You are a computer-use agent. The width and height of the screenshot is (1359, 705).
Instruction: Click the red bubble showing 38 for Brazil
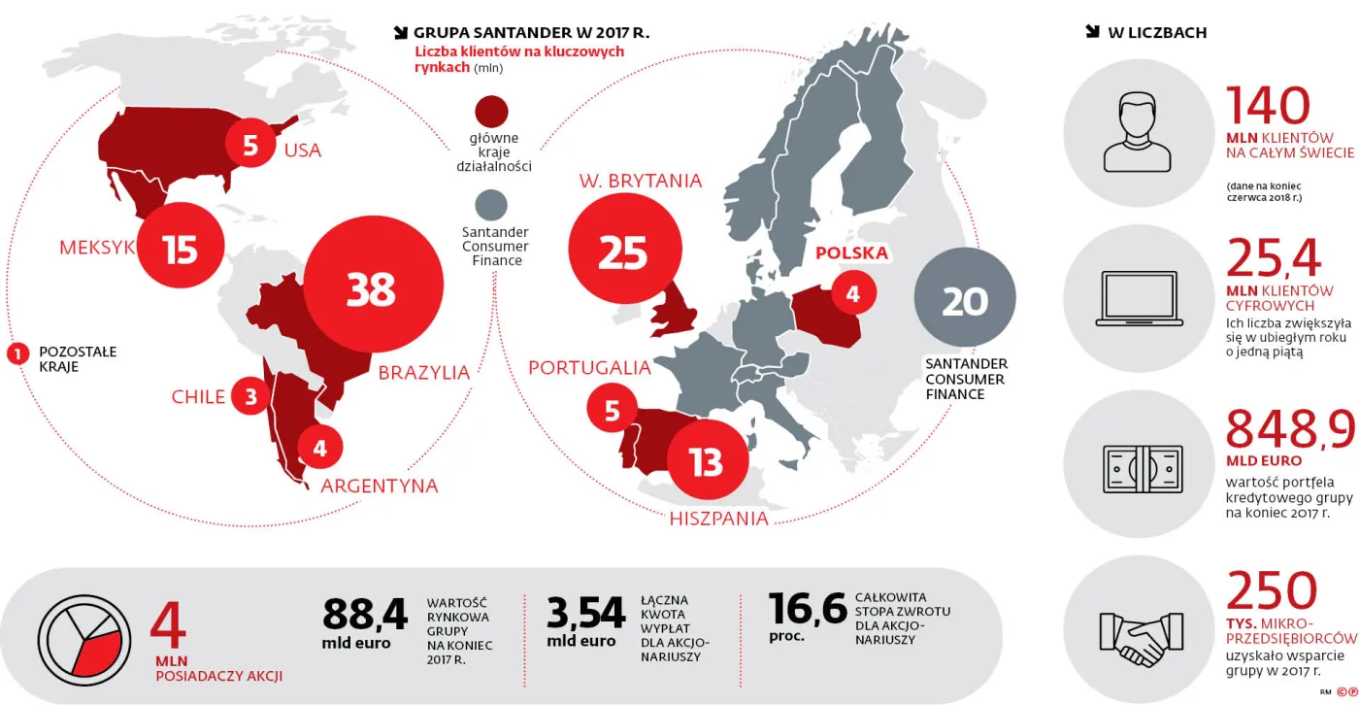370,288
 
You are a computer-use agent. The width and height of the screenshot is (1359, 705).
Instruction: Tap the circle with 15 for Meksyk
181,249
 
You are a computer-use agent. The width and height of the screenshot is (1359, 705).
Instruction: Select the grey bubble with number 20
964,300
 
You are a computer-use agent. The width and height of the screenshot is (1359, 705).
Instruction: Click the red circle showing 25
622,252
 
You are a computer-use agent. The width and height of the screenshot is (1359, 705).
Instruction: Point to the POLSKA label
851,253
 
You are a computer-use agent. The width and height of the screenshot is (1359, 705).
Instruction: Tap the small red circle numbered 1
17,353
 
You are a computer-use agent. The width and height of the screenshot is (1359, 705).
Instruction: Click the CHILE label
198,396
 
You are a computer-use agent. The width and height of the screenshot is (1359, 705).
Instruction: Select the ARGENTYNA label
379,486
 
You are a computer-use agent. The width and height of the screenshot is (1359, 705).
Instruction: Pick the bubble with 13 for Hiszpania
707,461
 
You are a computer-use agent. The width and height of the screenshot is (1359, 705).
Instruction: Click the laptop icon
1136,298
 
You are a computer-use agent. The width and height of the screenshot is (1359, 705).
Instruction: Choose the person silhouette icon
1135,131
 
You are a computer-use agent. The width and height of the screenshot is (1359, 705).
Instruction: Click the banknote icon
1143,469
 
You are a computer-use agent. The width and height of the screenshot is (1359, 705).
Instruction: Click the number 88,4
365,615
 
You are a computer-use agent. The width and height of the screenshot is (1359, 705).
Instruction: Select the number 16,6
808,610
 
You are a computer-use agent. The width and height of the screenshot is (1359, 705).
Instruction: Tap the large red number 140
1268,107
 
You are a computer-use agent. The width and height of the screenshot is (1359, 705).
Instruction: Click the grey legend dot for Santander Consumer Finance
491,205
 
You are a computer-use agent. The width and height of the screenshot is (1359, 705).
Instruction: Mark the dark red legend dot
491,111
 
